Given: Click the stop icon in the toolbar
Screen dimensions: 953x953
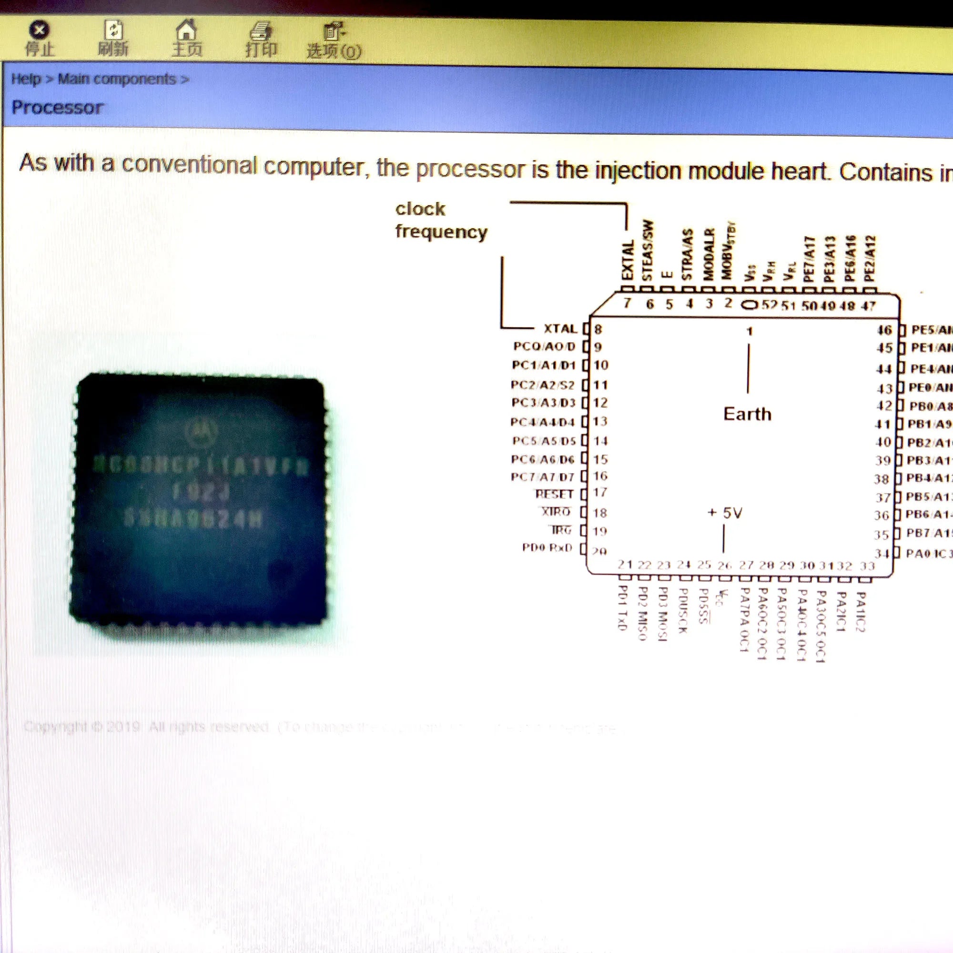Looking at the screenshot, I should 40,30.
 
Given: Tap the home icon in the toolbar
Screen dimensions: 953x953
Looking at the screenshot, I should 186,30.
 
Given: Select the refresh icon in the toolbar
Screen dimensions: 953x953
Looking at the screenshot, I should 113,30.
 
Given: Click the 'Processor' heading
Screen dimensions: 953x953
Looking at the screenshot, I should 57,108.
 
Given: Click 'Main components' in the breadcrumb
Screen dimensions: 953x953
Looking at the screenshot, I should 117,79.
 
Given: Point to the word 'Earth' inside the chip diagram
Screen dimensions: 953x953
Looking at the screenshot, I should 747,414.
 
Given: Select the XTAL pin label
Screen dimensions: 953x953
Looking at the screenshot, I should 560,328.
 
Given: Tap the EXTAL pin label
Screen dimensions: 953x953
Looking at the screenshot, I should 628,261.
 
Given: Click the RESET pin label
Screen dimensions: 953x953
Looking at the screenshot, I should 554,494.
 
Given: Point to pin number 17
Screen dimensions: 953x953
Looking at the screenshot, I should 600,492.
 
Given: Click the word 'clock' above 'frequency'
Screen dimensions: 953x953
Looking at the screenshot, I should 420,209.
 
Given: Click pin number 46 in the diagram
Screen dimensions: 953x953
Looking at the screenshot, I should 884,330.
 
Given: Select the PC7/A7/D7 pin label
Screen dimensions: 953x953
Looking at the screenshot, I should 543,477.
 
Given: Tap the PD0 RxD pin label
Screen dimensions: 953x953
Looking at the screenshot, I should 547,547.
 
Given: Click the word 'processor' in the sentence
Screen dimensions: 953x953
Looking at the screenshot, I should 471,169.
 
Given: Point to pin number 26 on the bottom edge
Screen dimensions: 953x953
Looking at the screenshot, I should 724,565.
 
